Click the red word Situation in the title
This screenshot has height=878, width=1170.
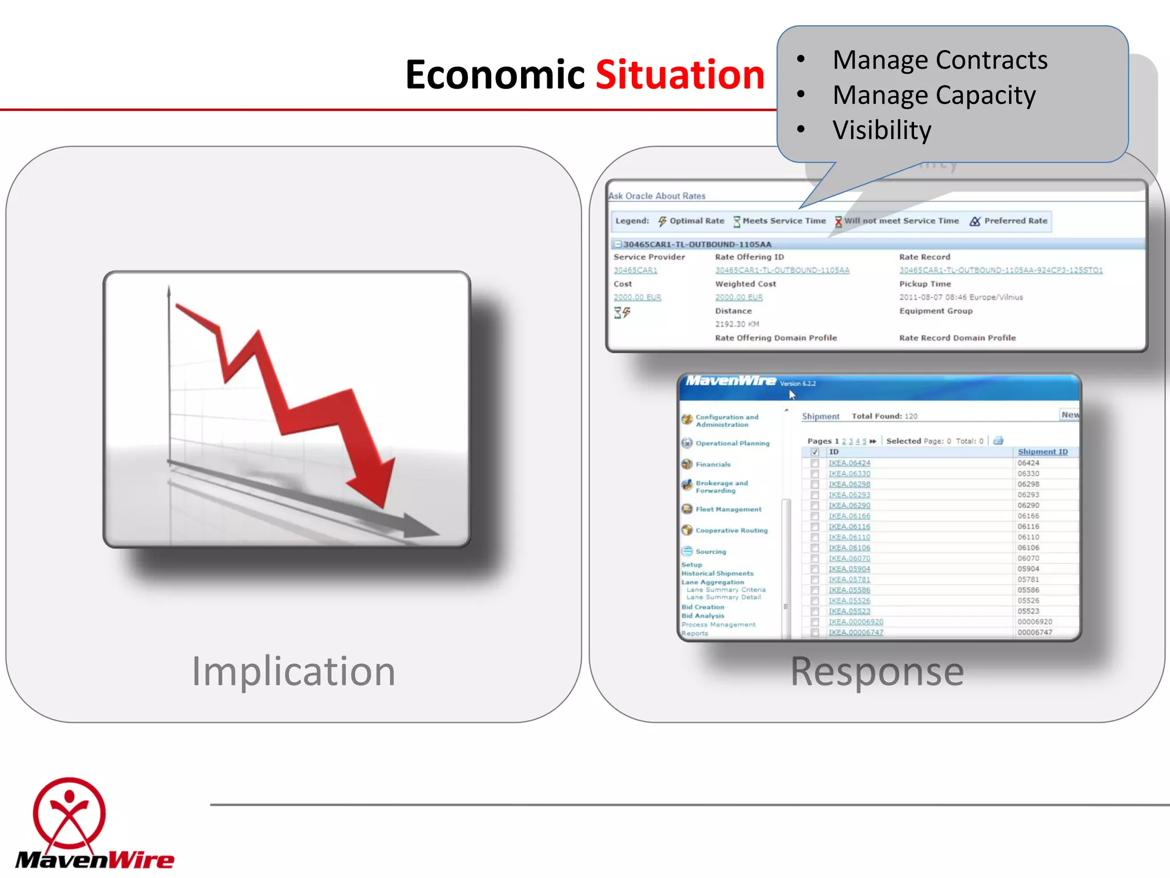tap(679, 75)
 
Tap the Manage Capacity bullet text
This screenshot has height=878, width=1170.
tap(933, 95)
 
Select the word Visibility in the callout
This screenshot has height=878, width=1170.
tap(881, 130)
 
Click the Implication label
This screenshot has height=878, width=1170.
tap(293, 671)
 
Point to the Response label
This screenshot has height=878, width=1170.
tap(877, 671)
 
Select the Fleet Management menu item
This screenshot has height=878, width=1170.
tap(728, 509)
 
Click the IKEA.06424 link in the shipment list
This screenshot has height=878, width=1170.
tap(849, 463)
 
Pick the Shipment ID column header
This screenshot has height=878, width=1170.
tap(1042, 452)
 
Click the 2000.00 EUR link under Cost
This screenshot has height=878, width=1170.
tap(637, 297)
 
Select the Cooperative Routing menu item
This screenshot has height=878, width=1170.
tap(731, 530)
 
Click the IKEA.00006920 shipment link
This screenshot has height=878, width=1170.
tap(855, 622)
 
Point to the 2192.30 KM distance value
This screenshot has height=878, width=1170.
tap(737, 324)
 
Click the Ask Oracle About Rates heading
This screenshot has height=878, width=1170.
tap(657, 196)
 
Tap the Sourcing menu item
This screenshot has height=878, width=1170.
tap(710, 552)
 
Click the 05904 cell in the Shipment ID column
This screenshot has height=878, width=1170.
tap(1028, 569)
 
